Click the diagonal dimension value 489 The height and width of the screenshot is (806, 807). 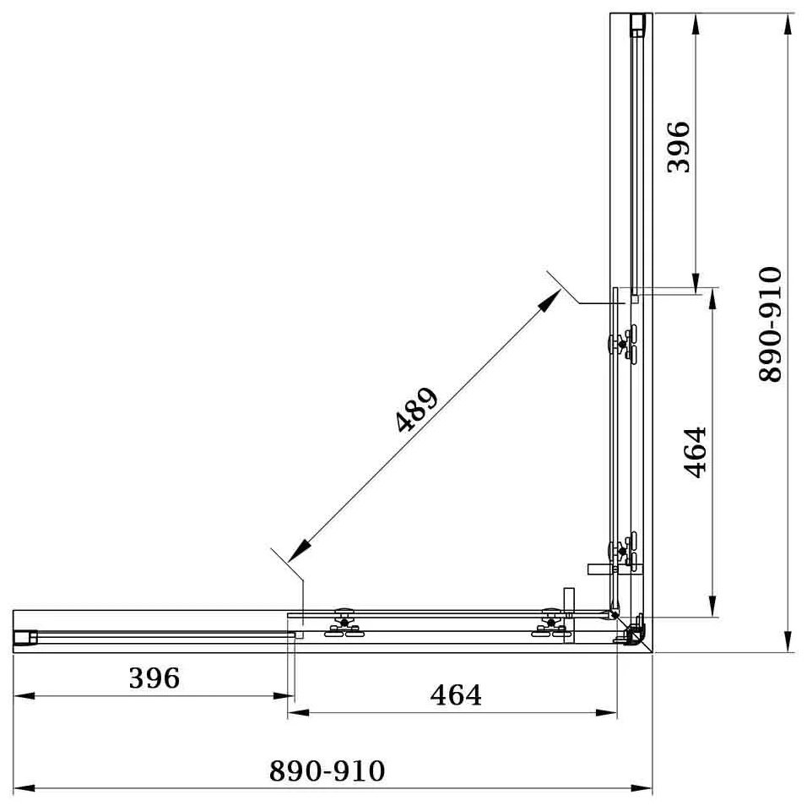click(x=417, y=410)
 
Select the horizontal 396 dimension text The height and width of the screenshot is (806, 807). click(x=154, y=678)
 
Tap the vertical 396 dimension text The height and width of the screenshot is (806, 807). click(x=678, y=147)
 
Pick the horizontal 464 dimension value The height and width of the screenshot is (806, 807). click(x=456, y=695)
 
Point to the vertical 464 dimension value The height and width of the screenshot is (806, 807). click(x=695, y=452)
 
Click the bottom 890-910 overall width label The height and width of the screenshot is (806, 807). click(x=328, y=771)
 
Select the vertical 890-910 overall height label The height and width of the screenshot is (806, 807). click(x=771, y=324)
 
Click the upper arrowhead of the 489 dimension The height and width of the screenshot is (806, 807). click(x=550, y=300)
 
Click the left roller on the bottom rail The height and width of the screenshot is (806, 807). click(x=344, y=622)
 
